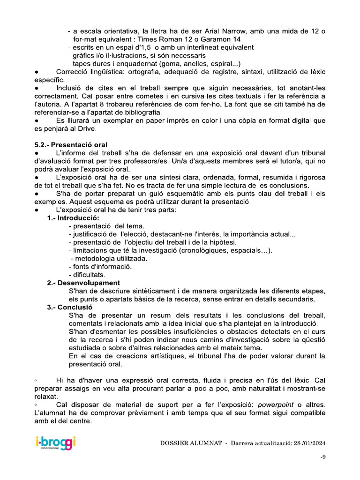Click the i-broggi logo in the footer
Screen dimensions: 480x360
pos(55,443)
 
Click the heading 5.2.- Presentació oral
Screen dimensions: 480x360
pos(70,144)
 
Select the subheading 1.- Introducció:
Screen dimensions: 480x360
pos(73,218)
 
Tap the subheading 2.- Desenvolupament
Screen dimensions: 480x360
pos(83,283)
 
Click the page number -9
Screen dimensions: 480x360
pos(322,457)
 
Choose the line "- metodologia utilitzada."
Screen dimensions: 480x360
pos(109,258)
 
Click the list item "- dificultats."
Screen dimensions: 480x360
pos(87,275)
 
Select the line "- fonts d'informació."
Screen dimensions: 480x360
pos(100,267)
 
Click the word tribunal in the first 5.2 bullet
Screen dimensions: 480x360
pos(309,153)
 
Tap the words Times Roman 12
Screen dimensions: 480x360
pos(159,39)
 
